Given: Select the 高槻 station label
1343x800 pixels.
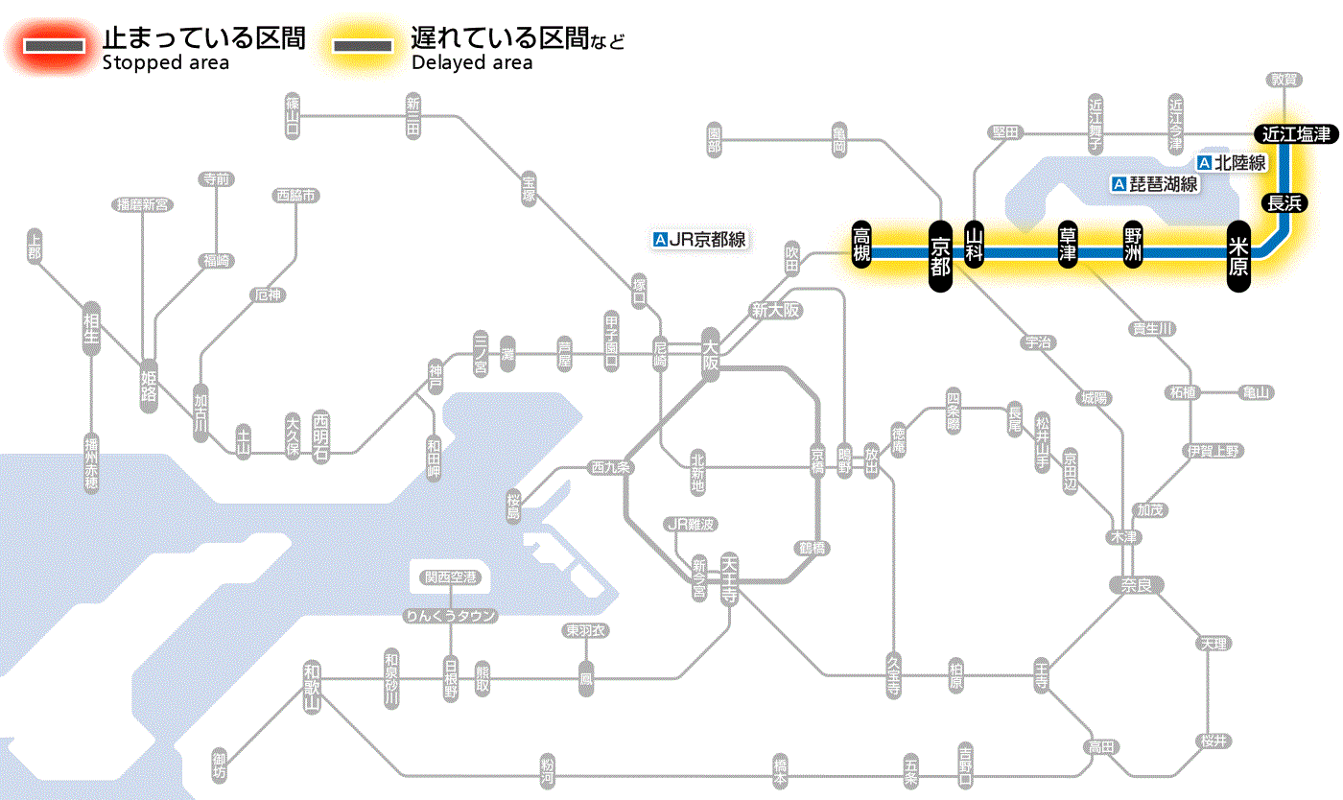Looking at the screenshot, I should pos(862,246).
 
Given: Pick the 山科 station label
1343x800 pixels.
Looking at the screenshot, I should pos(975,246).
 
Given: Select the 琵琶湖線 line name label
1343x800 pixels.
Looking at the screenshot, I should pos(1155,184).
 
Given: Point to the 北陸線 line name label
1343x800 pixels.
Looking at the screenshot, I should pos(1233,163).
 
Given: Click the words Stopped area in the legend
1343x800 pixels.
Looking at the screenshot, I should pos(165,63).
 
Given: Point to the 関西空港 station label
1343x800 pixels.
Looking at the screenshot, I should pos(450,577).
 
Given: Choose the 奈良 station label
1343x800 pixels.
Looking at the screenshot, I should pos(1136,584).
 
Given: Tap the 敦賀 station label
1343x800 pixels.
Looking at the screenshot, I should pos(1283,80).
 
